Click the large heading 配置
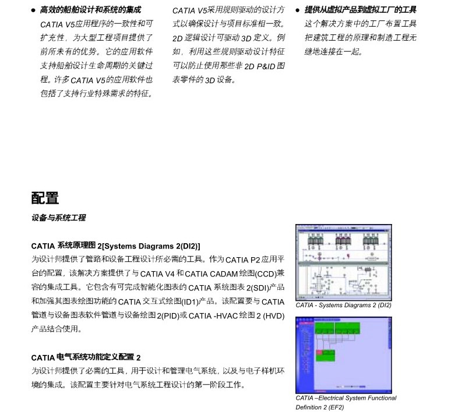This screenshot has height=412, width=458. click(45, 198)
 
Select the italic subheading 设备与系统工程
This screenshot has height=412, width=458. click(58, 218)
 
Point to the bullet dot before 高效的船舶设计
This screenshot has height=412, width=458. click(34, 10)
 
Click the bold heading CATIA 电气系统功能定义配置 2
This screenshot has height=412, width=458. click(86, 357)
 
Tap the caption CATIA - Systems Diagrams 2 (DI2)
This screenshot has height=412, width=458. click(343, 305)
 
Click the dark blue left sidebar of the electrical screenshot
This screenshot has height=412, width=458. click(301, 355)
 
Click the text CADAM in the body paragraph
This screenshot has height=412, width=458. click(219, 274)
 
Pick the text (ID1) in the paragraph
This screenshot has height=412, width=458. click(189, 301)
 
